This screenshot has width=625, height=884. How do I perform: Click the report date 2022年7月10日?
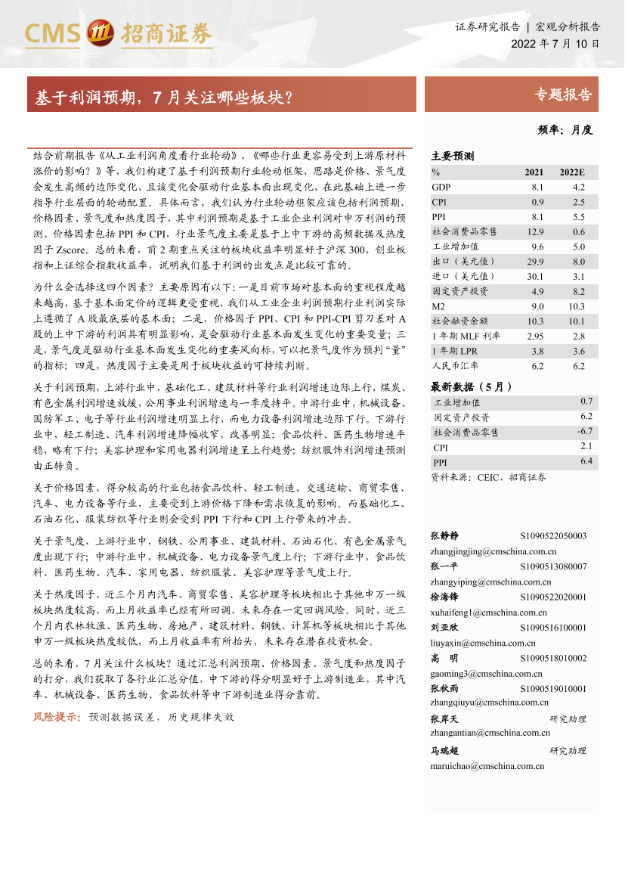pyautogui.click(x=555, y=44)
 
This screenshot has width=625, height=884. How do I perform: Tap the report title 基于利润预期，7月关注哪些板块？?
pyautogui.click(x=164, y=98)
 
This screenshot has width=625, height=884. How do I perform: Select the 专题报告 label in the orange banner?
pyautogui.click(x=562, y=95)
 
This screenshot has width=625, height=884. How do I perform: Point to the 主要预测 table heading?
pyautogui.click(x=452, y=157)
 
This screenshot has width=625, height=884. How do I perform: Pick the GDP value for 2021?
pyautogui.click(x=537, y=187)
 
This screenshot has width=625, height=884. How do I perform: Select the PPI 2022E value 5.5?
pyautogui.click(x=578, y=217)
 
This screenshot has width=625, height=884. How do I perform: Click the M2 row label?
pyautogui.click(x=439, y=306)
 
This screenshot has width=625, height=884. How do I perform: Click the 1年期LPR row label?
pyautogui.click(x=454, y=350)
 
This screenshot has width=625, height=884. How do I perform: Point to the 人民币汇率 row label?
pyautogui.click(x=450, y=365)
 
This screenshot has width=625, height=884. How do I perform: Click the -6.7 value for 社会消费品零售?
pyautogui.click(x=584, y=431)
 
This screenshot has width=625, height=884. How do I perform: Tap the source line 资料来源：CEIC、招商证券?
pyautogui.click(x=487, y=477)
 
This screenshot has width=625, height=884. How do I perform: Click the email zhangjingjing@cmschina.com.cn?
pyautogui.click(x=494, y=551)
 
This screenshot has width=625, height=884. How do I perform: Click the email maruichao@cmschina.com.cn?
pyautogui.click(x=487, y=766)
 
